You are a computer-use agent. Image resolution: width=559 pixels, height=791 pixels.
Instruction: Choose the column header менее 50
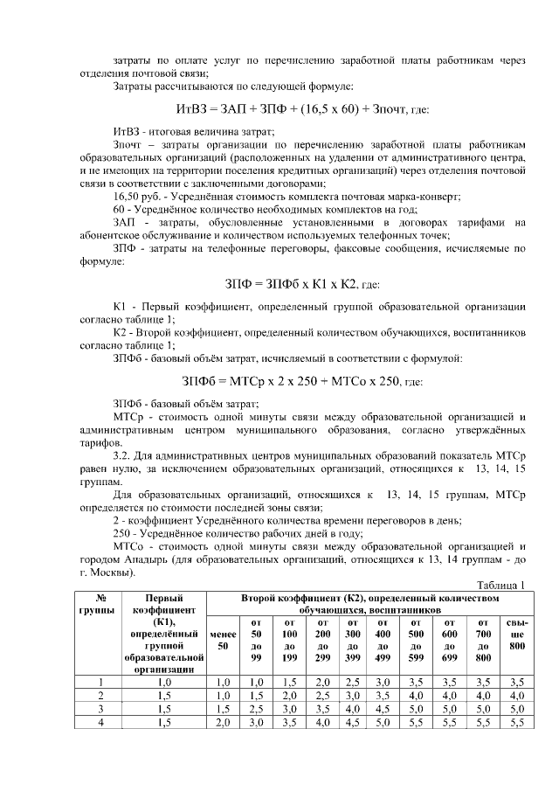[222, 638]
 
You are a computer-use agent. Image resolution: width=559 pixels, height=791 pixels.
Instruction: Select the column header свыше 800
[516, 638]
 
